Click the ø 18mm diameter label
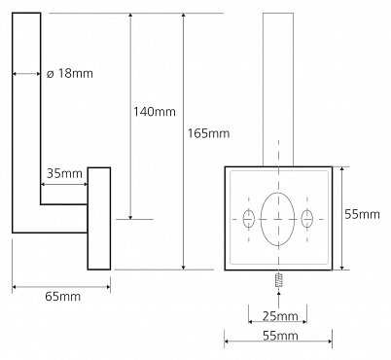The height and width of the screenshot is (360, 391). (x=70, y=74)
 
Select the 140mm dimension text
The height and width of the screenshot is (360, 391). (x=155, y=112)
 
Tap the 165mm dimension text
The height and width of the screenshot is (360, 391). (x=209, y=133)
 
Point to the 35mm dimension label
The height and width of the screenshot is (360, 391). (x=64, y=173)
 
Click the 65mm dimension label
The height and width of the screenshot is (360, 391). (x=62, y=297)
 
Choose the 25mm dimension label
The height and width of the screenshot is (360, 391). (x=280, y=316)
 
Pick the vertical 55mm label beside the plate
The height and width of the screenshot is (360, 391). (x=362, y=214)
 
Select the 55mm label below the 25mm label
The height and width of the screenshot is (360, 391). (x=280, y=336)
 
